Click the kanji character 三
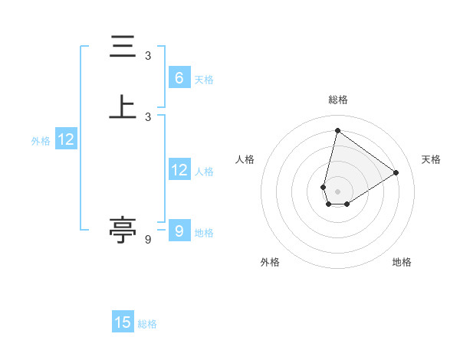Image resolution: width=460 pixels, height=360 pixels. pyautogui.click(x=123, y=47)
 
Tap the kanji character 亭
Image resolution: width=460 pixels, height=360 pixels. pyautogui.click(x=123, y=230)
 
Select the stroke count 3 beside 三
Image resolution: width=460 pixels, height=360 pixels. pyautogui.click(x=148, y=56)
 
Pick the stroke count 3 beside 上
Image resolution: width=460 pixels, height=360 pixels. pyautogui.click(x=148, y=116)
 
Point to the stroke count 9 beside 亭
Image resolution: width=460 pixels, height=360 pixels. pyautogui.click(x=148, y=240)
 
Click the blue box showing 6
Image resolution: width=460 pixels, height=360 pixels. pyautogui.click(x=179, y=77)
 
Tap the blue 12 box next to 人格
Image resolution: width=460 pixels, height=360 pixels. pyautogui.click(x=179, y=170)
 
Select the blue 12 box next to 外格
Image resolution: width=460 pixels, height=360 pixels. pyautogui.click(x=66, y=139)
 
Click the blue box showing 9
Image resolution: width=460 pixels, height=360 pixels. pyautogui.click(x=179, y=231)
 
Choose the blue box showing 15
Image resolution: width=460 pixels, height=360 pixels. pyautogui.click(x=123, y=322)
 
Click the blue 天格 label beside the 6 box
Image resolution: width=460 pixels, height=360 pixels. pyautogui.click(x=204, y=79)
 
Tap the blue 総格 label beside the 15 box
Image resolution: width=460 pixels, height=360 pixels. pyautogui.click(x=147, y=324)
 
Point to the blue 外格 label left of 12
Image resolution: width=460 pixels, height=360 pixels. pyautogui.click(x=41, y=141)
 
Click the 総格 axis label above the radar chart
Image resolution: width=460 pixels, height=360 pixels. pyautogui.click(x=338, y=100)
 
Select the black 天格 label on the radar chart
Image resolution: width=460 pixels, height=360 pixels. pyautogui.click(x=431, y=159)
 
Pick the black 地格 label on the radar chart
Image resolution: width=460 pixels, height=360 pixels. pyautogui.click(x=402, y=262)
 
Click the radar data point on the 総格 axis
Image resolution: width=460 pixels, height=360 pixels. pyautogui.click(x=337, y=130)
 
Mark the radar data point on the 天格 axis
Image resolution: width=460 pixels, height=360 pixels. pyautogui.click(x=396, y=172)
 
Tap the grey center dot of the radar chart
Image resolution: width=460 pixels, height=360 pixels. pyautogui.click(x=337, y=191)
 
